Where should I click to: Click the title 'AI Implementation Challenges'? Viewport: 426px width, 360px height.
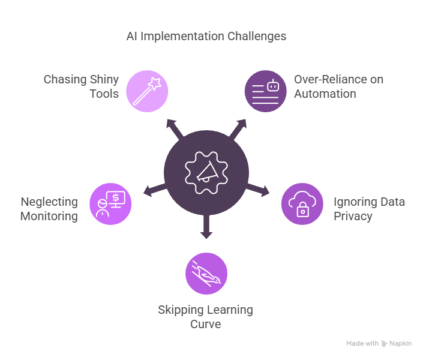pos(206,36)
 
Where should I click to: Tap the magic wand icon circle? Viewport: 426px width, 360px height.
pos(147,91)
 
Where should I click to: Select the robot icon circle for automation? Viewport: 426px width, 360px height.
pos(265,91)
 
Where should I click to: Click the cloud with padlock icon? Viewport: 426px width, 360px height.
pos(302,204)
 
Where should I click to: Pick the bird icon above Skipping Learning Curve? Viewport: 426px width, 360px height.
pos(206,274)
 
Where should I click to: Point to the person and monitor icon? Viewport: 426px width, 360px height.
pos(111,204)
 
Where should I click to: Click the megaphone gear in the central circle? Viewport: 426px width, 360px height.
pos(206,173)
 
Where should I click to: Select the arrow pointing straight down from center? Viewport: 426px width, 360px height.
pos(206,227)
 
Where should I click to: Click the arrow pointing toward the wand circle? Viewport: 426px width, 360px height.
pos(175,129)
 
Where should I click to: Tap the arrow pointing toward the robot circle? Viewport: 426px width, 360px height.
pos(238,129)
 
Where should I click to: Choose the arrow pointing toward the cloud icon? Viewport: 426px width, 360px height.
pos(258,190)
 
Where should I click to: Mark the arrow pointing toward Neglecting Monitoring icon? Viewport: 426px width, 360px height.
pos(155,190)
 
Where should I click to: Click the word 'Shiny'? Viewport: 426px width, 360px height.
pos(104,80)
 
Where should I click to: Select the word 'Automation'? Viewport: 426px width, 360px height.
pos(325,94)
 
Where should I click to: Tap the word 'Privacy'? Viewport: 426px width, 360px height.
pos(353,216)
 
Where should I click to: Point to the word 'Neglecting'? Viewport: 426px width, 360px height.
pos(49,202)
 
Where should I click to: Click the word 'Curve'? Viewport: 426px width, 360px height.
pos(206,324)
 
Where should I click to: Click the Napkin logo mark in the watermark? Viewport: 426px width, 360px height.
pos(384,344)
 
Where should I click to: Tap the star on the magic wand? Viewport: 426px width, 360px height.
pos(155,83)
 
